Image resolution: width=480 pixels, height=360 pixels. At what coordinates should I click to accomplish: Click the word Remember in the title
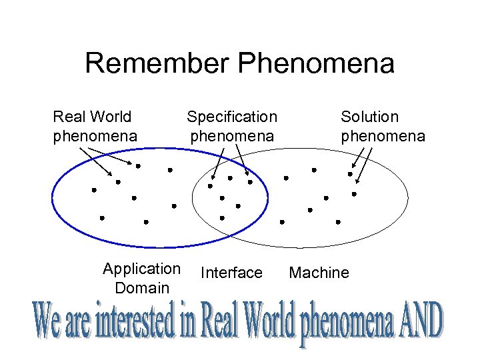point(158,64)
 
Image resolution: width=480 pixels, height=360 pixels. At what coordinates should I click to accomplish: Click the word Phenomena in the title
point(315,64)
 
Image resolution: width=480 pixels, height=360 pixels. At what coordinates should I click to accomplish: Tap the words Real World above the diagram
point(92,117)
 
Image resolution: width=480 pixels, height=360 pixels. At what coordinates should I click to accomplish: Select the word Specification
point(231,117)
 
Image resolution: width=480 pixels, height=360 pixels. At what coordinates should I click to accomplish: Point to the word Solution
point(369,117)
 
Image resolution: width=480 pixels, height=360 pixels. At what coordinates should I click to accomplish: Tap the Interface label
point(231,273)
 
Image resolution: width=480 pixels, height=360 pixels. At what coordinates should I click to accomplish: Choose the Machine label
point(319,273)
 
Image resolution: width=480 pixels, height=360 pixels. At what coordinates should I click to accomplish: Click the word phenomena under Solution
point(383,136)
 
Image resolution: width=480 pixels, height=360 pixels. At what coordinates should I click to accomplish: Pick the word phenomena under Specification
point(231,136)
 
